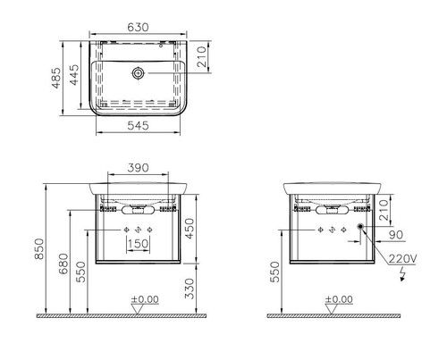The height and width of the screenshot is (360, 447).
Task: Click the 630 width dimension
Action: click(138, 28)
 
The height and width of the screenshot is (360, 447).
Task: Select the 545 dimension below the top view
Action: click(138, 126)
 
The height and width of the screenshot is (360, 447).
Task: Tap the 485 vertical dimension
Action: click(56, 78)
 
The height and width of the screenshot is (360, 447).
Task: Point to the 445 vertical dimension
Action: click(74, 75)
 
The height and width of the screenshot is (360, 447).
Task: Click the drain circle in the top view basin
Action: click(138, 72)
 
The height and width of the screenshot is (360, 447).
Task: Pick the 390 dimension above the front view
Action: click(138, 168)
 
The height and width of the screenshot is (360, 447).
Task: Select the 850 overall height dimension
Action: click(39, 248)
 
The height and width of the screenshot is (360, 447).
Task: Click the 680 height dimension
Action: click(63, 264)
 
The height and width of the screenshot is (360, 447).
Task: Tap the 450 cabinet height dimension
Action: click(190, 229)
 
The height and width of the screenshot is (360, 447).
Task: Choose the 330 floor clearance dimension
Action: click(190, 289)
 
